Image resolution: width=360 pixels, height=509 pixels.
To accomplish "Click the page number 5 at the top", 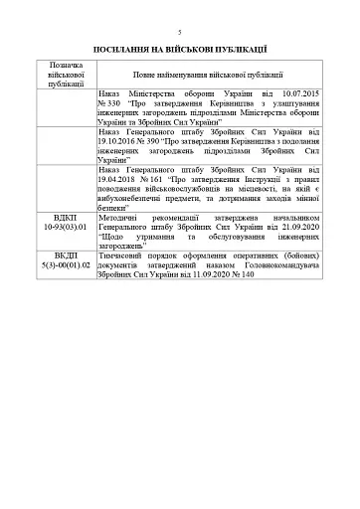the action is coord(179,32).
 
